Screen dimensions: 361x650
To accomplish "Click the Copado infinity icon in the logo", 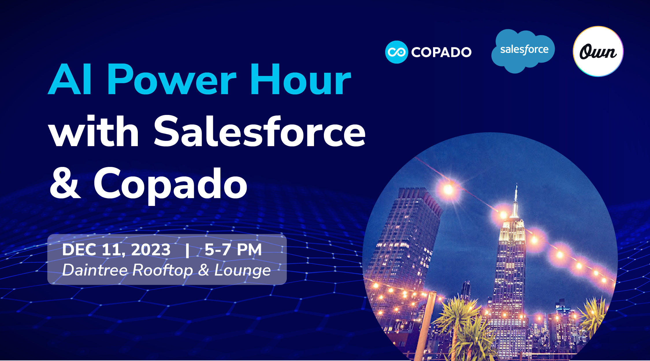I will [x=396, y=52].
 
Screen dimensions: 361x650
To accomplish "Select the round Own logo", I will [x=598, y=52].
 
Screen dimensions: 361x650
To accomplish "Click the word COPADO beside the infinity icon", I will [x=441, y=52].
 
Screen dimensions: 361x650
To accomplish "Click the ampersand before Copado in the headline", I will [x=65, y=183].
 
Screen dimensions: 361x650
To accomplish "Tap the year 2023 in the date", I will [x=151, y=250].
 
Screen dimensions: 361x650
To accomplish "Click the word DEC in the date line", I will [x=79, y=250].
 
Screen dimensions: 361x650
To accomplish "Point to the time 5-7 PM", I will [x=233, y=250].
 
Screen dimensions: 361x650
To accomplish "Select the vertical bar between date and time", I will [x=187, y=250].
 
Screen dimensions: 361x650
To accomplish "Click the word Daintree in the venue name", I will [x=95, y=270].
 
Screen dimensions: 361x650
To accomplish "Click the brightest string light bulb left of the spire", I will [x=448, y=190].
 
